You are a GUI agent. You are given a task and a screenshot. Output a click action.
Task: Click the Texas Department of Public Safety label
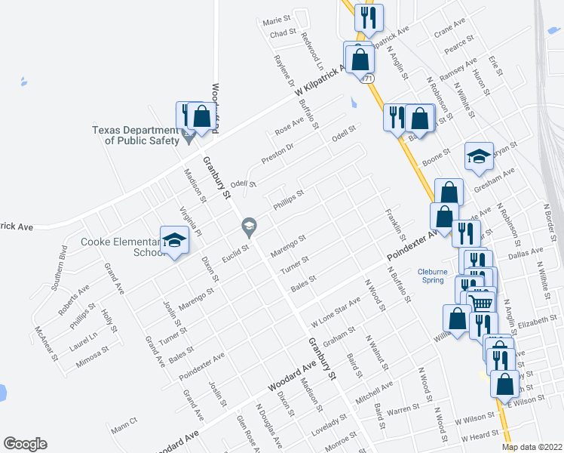pos(136,134)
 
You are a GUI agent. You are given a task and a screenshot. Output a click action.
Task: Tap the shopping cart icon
pos(480,301)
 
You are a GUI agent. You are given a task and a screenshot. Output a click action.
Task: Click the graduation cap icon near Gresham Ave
pos(479,156)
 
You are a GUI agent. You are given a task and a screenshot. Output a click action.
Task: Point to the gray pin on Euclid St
pos(248,225)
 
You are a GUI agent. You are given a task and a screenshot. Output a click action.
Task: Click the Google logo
pos(25,444)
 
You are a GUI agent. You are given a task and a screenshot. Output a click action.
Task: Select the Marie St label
pos(277,20)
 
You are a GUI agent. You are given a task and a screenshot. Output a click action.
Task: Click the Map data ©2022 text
pos(532,446)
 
